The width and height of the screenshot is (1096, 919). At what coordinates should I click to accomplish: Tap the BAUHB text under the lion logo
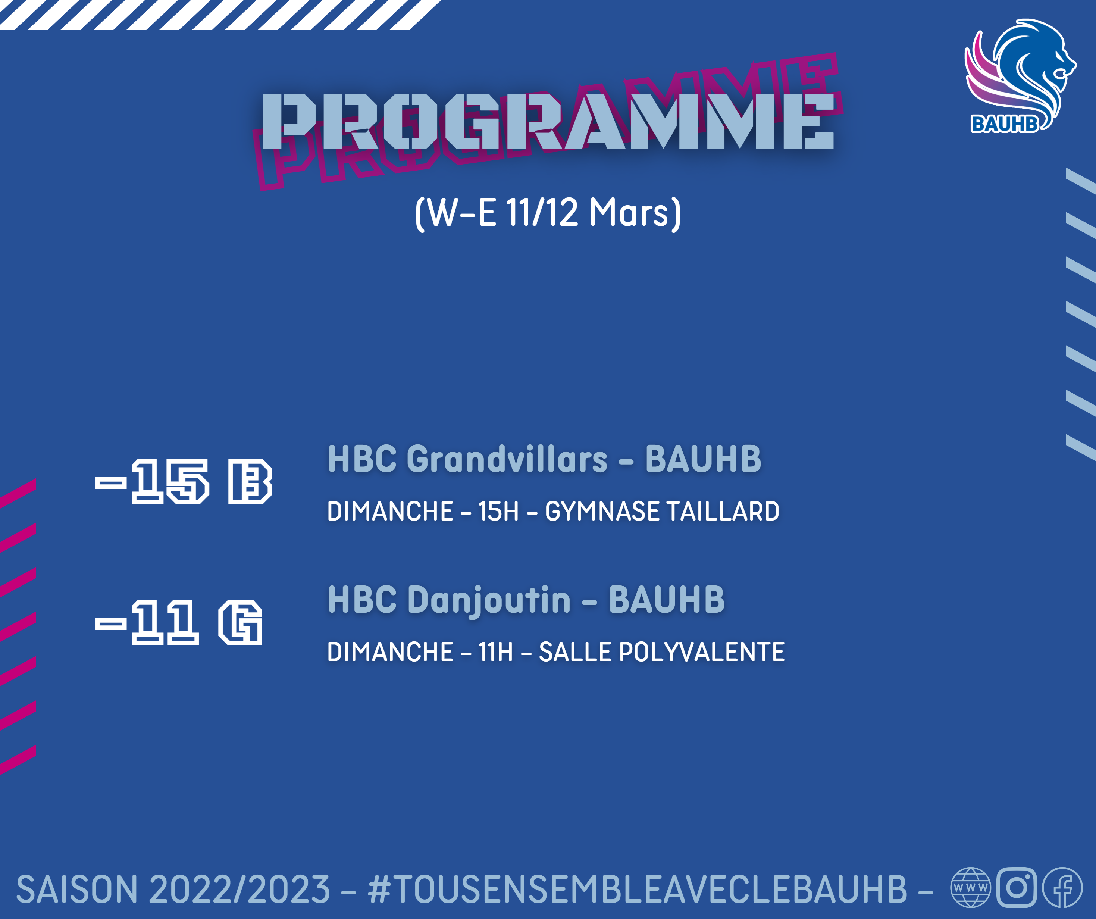tap(1005, 124)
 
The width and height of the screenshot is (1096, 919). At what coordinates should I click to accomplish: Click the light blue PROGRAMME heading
tap(548, 122)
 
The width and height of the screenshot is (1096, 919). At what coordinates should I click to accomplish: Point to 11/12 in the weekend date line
tap(542, 213)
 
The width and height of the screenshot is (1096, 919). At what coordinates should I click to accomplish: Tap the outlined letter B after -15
tap(250, 481)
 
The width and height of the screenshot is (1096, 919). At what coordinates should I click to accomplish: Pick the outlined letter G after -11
tap(241, 622)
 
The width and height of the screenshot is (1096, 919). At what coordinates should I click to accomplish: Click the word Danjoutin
tap(489, 600)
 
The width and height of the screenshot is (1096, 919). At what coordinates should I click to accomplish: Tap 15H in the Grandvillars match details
tap(498, 511)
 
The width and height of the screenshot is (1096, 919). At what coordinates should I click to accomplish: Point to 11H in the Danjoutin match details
tap(496, 652)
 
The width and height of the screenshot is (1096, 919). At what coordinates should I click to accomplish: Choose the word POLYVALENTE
tap(701, 652)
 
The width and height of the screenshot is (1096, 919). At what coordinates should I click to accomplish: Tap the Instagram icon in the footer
tap(1017, 887)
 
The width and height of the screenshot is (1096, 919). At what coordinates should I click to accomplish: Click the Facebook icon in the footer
tap(1062, 887)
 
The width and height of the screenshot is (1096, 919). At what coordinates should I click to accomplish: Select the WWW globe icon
tap(971, 887)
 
